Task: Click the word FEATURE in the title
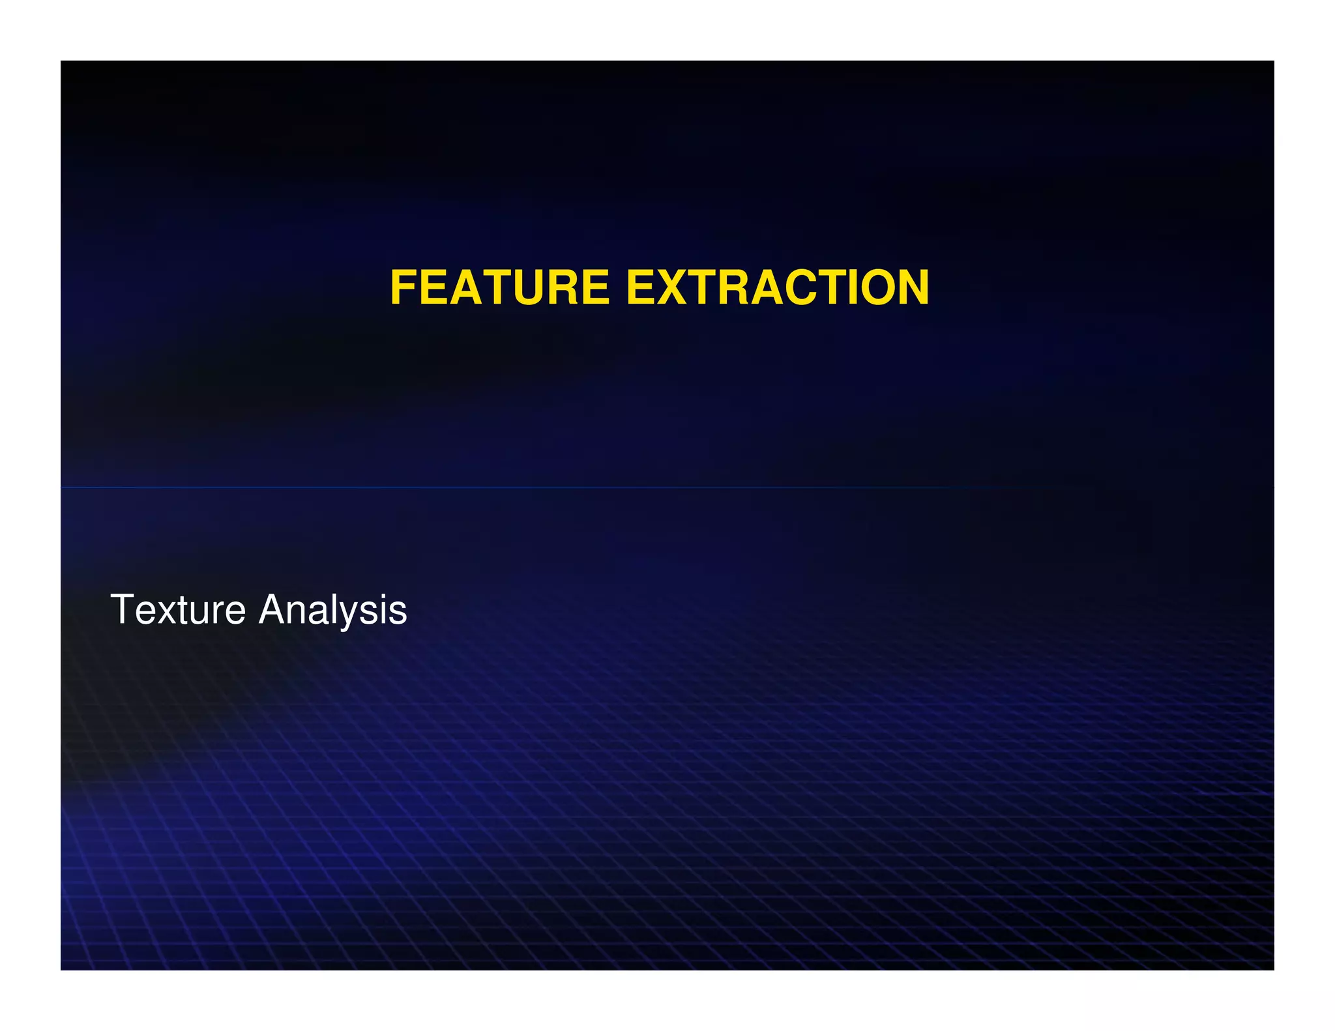click(499, 287)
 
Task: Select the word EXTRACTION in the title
click(777, 287)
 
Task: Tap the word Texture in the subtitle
click(178, 610)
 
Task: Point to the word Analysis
click(332, 610)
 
